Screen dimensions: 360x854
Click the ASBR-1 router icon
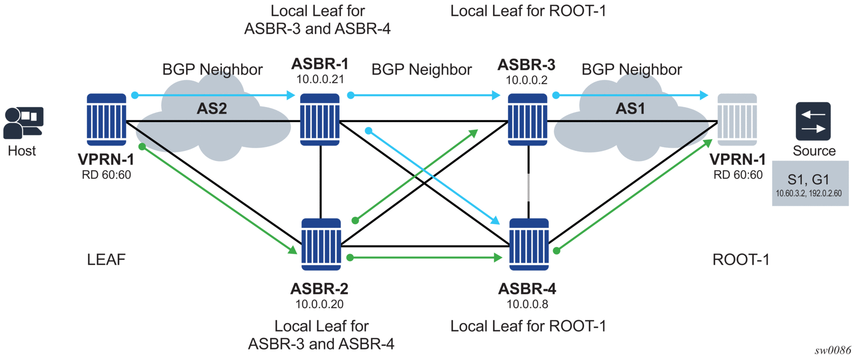click(319, 119)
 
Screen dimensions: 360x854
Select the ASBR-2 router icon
click(321, 244)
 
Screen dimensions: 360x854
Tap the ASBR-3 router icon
click(527, 119)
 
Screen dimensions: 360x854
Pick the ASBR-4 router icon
click(529, 244)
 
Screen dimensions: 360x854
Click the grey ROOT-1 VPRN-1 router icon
click(737, 119)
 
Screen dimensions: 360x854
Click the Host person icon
click(22, 123)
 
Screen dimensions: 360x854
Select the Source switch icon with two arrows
click(813, 121)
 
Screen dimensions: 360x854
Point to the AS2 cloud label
click(212, 109)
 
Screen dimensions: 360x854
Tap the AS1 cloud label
click(630, 109)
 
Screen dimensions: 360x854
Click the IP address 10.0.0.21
click(320, 80)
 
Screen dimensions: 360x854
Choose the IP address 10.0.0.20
click(319, 304)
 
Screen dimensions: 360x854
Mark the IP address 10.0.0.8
click(527, 304)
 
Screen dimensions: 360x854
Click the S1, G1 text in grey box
click(808, 180)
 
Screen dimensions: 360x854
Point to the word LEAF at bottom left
click(106, 260)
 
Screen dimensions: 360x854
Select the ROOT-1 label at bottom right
click(741, 260)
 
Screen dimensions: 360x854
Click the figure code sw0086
click(833, 351)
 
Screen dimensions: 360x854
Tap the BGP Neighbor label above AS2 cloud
click(212, 70)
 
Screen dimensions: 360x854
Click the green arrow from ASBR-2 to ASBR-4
click(424, 258)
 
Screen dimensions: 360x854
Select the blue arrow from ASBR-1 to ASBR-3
click(424, 95)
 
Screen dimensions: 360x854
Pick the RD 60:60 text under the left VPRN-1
click(106, 175)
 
